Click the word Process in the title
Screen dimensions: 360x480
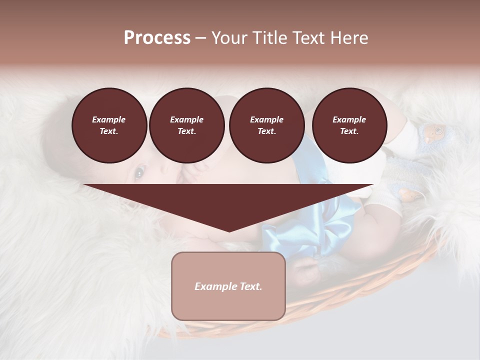(157, 38)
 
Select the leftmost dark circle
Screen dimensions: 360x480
(109, 125)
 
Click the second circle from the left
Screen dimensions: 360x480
(186, 125)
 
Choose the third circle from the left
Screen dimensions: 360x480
(266, 125)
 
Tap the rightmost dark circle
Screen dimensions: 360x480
(349, 125)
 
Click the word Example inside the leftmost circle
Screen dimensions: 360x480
(109, 119)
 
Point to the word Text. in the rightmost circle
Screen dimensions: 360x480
(349, 131)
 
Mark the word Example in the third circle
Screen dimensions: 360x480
(266, 119)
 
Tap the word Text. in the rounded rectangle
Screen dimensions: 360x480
(250, 286)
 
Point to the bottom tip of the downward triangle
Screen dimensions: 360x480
(229, 231)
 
